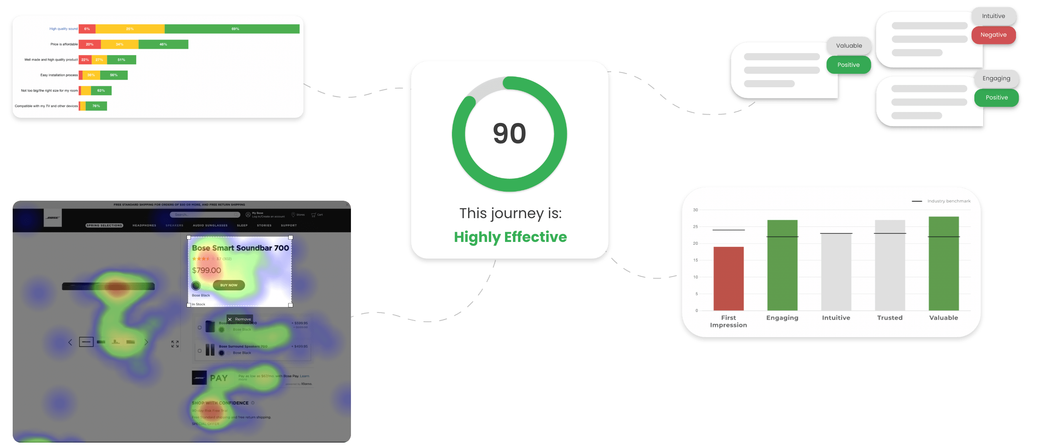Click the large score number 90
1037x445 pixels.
click(509, 133)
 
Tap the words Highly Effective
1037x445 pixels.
click(510, 237)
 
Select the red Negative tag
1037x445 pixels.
click(993, 35)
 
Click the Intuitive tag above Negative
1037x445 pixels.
click(993, 16)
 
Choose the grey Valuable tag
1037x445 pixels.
click(848, 46)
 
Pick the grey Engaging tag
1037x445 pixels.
click(996, 79)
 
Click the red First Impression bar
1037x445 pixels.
click(728, 278)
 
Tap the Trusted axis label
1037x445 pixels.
click(890, 318)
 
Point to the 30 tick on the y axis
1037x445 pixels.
click(695, 210)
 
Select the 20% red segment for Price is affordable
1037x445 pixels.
click(90, 44)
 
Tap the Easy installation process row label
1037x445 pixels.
click(59, 75)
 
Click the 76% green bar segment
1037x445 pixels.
click(96, 106)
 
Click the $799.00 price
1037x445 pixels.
click(206, 270)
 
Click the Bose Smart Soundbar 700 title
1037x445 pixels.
click(240, 248)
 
